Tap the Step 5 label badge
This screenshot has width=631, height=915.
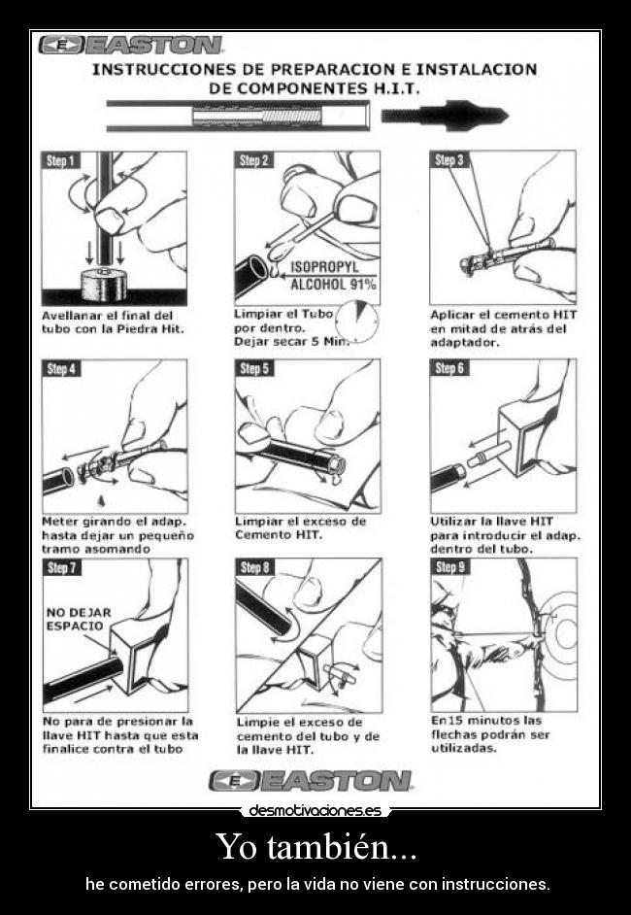[x=254, y=369]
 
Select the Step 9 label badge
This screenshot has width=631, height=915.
[x=450, y=567]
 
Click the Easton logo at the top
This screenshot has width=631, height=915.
[x=131, y=45]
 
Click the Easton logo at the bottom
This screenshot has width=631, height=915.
[x=311, y=780]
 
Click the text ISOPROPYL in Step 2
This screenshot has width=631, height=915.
[x=324, y=266]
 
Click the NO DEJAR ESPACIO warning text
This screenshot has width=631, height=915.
[x=79, y=619]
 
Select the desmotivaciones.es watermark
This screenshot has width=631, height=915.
[x=315, y=810]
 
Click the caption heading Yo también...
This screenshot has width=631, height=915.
[x=315, y=846]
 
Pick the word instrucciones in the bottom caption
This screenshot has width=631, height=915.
[x=495, y=885]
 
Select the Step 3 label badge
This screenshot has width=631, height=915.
[x=449, y=159]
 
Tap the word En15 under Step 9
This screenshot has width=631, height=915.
[x=448, y=721]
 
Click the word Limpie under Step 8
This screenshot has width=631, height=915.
[x=258, y=722]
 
